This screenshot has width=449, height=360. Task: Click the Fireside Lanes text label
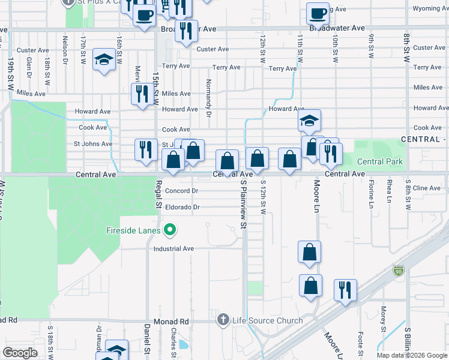pos(133,230)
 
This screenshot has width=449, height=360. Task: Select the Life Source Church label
pos(268,320)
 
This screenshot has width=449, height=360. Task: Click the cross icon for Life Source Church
pos(223,320)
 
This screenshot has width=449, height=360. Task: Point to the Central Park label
pos(379,162)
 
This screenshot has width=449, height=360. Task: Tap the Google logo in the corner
pos(20,352)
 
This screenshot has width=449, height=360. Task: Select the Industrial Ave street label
pos(174,248)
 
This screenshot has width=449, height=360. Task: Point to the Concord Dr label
pos(181,191)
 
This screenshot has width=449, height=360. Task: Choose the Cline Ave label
pos(427,188)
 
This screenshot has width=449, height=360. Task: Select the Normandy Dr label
pos(208,98)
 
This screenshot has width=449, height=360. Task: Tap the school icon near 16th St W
pos(104,59)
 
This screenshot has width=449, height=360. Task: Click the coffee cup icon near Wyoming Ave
pos(318,12)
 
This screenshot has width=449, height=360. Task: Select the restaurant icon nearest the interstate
pos(345,289)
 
